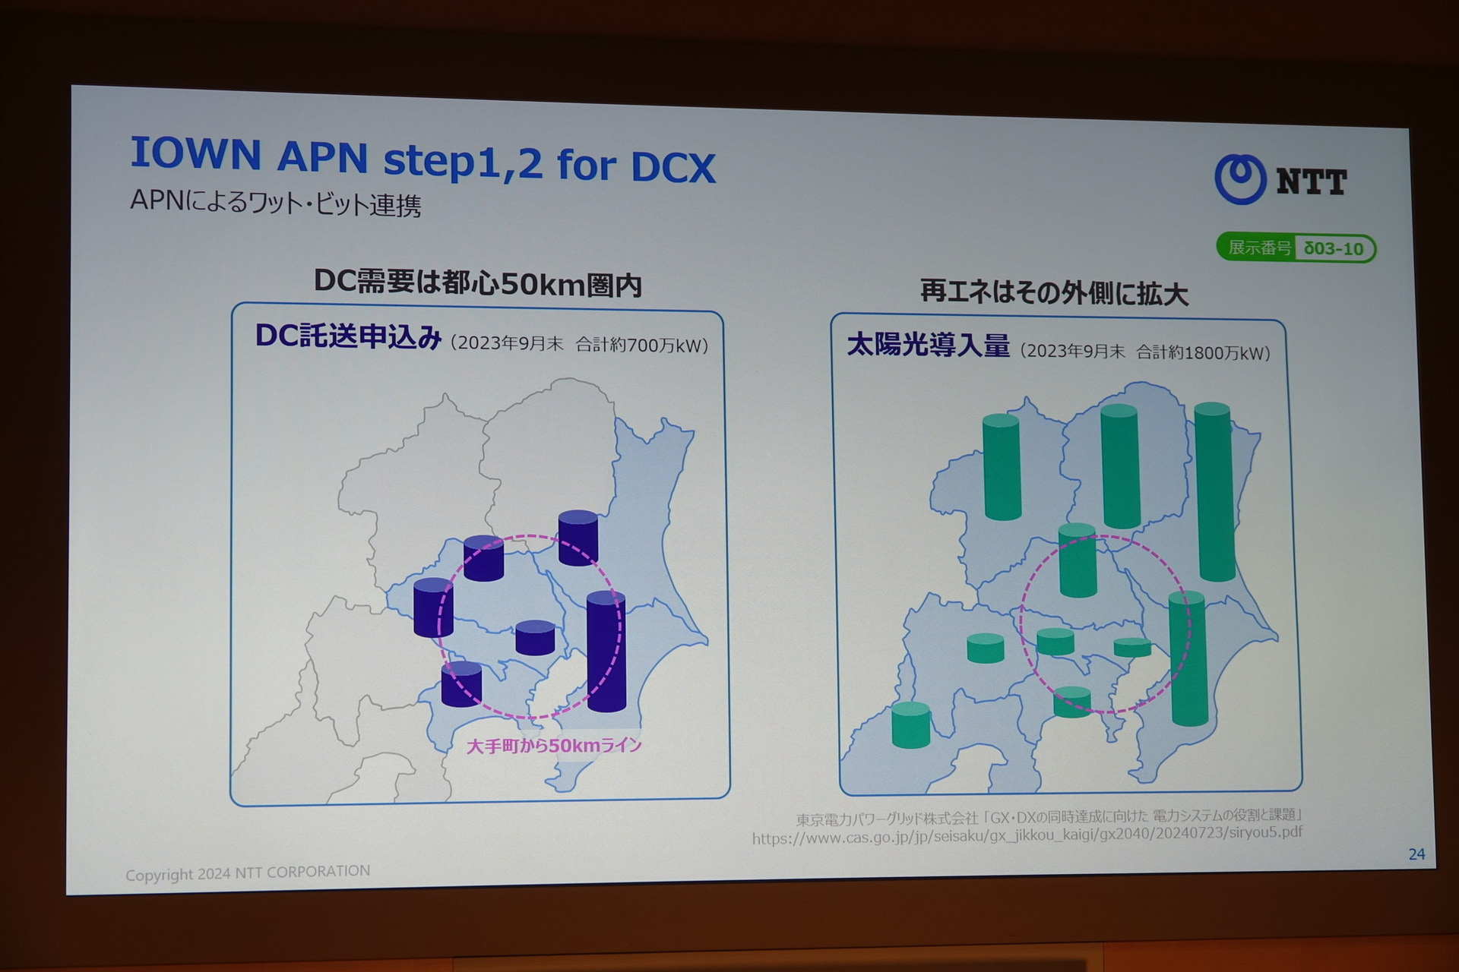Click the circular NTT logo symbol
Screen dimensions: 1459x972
(1240, 179)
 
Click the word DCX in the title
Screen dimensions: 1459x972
(673, 167)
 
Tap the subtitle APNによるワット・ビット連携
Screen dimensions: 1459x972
(275, 203)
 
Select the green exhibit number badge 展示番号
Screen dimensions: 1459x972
(1296, 248)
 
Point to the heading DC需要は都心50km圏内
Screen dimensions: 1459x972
(478, 283)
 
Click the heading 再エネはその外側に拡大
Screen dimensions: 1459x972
(1054, 292)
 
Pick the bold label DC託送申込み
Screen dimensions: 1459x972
(348, 336)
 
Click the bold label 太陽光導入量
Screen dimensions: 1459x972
(929, 345)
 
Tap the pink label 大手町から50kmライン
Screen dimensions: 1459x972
(554, 746)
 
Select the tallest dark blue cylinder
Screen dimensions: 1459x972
(606, 652)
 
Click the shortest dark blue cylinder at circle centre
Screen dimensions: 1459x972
(535, 638)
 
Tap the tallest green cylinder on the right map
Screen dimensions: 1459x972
(1214, 492)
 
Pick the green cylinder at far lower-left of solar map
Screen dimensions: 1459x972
(911, 725)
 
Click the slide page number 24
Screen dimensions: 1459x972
(1416, 854)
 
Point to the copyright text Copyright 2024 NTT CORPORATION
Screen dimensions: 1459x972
(248, 873)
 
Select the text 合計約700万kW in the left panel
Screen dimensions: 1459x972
(641, 346)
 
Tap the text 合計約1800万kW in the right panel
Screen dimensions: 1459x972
(1203, 352)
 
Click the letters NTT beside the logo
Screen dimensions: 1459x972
(1312, 182)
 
